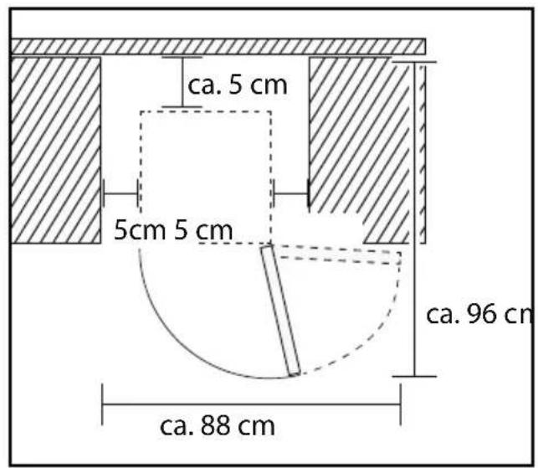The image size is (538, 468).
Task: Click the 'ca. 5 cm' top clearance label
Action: pos(237,85)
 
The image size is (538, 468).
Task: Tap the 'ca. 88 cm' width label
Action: pos(218,426)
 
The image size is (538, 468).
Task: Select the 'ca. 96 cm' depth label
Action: pos(480,314)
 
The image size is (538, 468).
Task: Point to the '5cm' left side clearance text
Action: pos(140,230)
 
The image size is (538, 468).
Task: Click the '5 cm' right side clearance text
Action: pos(203,230)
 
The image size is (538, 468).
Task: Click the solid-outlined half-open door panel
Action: pos(280,310)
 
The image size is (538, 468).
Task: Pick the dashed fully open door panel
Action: pos(340,255)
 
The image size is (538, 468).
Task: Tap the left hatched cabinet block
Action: pos(56,151)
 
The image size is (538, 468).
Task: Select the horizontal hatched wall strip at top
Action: pos(218,46)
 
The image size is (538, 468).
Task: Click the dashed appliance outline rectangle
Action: pos(206,177)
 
